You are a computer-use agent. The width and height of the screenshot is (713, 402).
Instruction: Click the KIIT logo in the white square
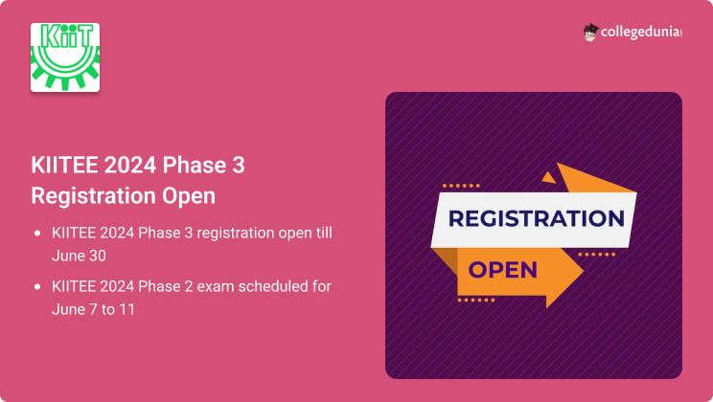pyautogui.click(x=65, y=56)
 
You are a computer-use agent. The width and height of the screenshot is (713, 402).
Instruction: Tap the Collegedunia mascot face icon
pyautogui.click(x=590, y=33)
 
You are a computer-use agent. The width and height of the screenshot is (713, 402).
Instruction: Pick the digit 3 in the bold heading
pyautogui.click(x=238, y=165)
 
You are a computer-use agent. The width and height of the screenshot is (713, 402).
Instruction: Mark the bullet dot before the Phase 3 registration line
pyautogui.click(x=37, y=234)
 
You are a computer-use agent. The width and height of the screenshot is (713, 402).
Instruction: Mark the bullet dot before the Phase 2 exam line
pyautogui.click(x=37, y=287)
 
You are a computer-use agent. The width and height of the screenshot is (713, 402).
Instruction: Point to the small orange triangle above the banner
pyautogui.click(x=548, y=176)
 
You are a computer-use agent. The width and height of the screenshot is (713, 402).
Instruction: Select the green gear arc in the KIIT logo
pyautogui.click(x=65, y=73)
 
